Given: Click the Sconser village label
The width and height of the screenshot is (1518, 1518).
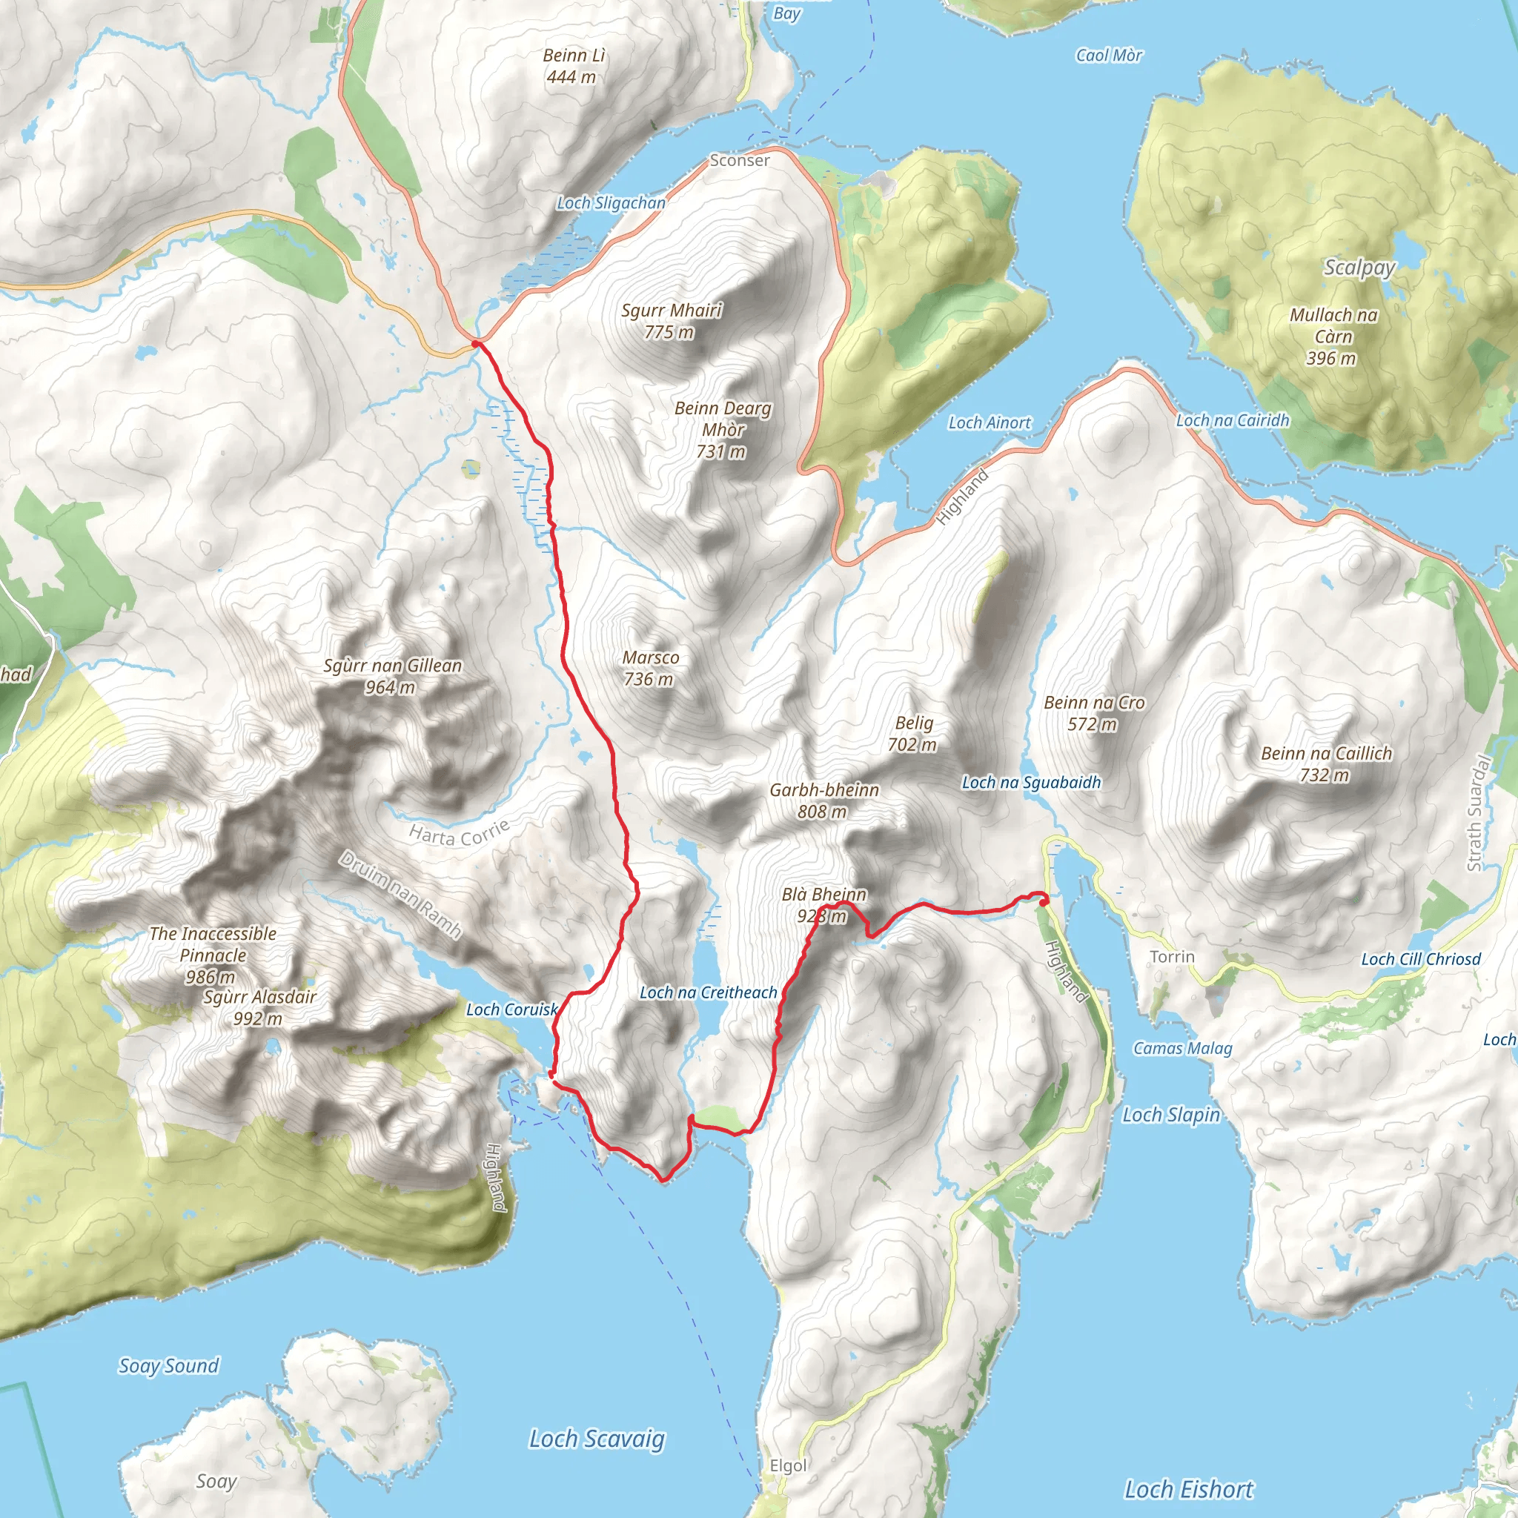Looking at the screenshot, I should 739,160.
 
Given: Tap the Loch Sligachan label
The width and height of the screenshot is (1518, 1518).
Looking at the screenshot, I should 611,202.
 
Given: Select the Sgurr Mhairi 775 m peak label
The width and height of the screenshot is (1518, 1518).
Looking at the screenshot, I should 671,320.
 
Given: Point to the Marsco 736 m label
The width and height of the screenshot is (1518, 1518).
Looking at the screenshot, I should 650,668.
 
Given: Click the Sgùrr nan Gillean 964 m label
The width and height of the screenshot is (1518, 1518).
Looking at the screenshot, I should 392,676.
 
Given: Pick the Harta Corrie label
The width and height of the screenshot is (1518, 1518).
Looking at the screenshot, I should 460,832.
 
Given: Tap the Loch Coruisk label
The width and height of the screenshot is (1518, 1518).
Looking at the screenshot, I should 511,1010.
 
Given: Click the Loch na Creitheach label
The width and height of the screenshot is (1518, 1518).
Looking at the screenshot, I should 708,992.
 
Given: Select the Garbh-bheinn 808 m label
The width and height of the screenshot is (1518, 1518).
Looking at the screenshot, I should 823,800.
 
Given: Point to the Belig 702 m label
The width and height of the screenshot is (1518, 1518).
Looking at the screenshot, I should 913,732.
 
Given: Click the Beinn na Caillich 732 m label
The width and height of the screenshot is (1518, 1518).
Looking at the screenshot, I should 1325,763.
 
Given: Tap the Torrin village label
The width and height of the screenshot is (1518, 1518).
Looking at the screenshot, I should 1172,957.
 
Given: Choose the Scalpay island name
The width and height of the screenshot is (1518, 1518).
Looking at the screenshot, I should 1359,267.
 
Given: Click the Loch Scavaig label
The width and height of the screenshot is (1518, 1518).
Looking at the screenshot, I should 597,1439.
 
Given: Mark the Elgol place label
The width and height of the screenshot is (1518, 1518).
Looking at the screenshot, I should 788,1465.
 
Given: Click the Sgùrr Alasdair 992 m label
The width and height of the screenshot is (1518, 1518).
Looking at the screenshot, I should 259,1007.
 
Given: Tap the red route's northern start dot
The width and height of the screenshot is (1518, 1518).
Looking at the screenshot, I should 475,343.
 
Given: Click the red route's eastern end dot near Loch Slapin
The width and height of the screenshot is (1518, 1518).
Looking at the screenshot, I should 1044,902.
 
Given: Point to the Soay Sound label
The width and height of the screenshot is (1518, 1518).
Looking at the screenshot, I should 168,1365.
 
